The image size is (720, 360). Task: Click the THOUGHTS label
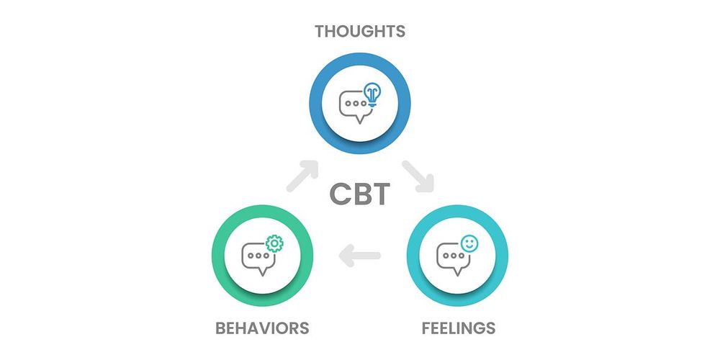tap(360, 31)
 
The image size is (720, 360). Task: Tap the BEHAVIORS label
tap(262, 328)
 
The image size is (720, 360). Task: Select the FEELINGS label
tap(458, 328)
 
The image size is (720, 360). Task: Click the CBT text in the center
tap(360, 194)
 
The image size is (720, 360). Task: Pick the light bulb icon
tap(372, 94)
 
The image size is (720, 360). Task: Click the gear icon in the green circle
tap(274, 243)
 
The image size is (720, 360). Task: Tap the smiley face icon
tap(469, 243)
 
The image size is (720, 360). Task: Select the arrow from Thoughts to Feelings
tap(418, 176)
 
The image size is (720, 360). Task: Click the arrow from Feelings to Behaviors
tap(359, 256)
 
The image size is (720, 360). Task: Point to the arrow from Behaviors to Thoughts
tap(302, 176)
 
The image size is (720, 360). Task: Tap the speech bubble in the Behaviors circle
tap(258, 259)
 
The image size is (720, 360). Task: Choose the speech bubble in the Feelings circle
tap(452, 259)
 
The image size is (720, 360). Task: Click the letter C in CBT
tap(340, 194)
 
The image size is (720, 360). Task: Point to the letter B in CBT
tap(361, 194)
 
